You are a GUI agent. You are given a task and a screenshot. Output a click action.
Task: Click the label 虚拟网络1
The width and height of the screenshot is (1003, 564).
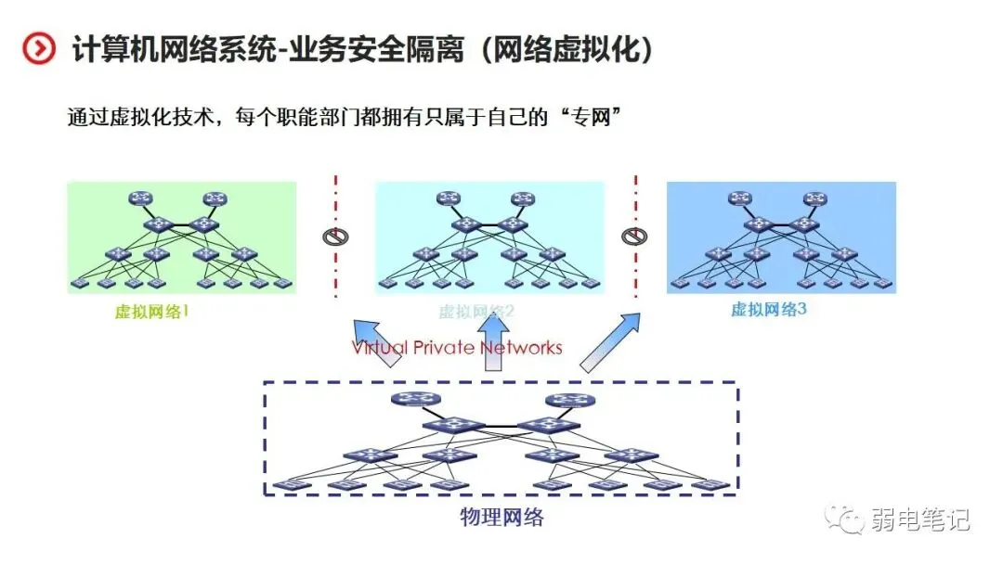click(151, 312)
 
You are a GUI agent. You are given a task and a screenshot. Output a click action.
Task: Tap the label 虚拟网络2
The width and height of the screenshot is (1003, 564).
click(476, 312)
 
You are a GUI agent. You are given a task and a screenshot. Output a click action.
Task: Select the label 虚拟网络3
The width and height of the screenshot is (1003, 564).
click(768, 310)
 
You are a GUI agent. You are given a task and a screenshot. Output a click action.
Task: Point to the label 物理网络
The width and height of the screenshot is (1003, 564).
click(501, 517)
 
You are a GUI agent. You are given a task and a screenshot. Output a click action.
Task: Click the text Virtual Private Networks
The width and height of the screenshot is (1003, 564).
click(457, 348)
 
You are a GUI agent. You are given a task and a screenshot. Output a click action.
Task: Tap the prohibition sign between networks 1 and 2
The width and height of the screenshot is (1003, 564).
click(334, 236)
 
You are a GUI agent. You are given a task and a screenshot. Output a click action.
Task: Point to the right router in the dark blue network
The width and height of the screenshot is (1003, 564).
click(815, 198)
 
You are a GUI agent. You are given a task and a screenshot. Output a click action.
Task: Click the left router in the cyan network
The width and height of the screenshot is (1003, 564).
click(449, 198)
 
